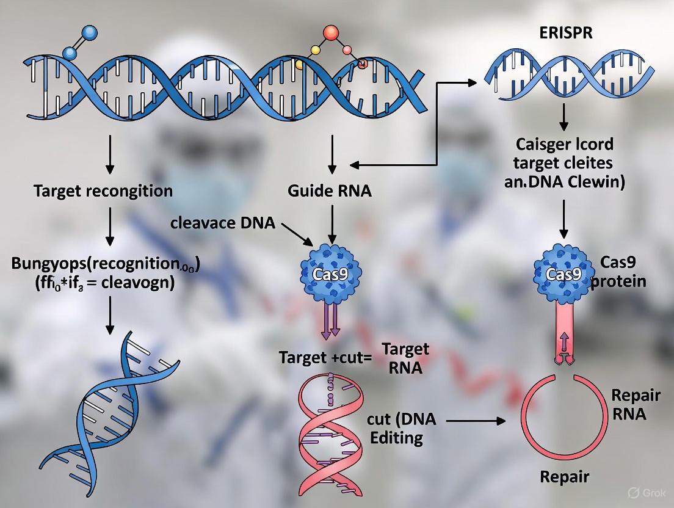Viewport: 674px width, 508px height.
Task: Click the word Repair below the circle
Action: click(x=563, y=477)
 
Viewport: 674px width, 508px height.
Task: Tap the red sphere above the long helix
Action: click(x=331, y=33)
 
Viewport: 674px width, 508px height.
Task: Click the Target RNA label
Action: click(x=405, y=359)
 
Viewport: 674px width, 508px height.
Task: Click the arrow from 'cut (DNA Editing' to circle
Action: click(x=476, y=421)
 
